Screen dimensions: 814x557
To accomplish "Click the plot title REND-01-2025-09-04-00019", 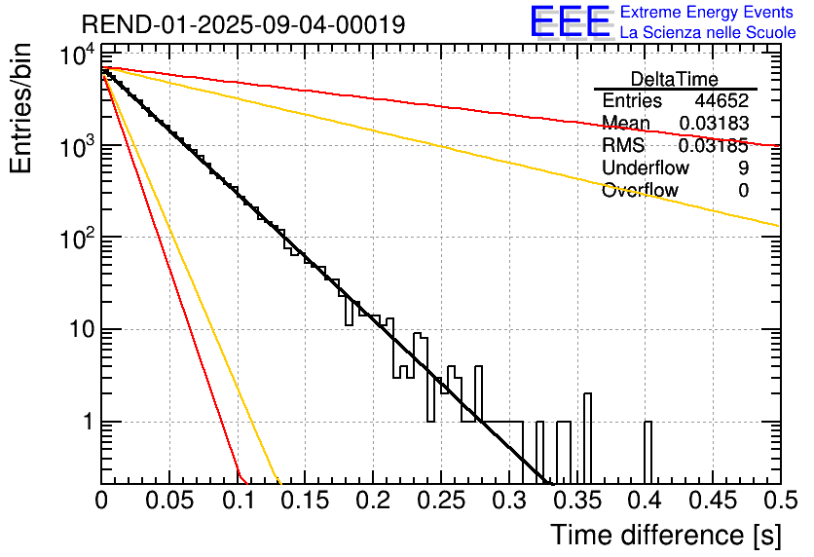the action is (x=243, y=24).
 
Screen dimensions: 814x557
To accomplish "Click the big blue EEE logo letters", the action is (x=570, y=22).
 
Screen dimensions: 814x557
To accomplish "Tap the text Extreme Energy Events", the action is (x=707, y=12).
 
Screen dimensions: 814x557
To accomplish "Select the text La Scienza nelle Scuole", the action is (x=708, y=33).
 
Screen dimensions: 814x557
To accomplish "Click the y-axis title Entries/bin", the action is (x=20, y=108).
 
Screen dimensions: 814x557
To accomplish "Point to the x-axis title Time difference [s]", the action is (x=666, y=536).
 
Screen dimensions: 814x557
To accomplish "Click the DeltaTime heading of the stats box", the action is (x=675, y=79).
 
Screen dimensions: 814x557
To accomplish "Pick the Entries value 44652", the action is (x=721, y=100).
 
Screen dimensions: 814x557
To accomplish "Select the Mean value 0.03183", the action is (x=714, y=123).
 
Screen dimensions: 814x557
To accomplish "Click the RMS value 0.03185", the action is (x=714, y=145).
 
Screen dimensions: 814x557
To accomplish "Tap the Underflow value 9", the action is (x=743, y=167).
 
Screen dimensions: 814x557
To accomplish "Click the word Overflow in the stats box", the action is (x=640, y=191).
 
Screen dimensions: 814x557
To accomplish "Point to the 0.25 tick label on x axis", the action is (x=441, y=501).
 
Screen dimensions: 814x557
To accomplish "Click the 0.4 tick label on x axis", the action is (x=646, y=501).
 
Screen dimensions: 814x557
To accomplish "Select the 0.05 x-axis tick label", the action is (x=169, y=501).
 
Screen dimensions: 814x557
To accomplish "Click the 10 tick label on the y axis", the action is (x=82, y=329).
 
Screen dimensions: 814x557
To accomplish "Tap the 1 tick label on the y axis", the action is (x=89, y=422).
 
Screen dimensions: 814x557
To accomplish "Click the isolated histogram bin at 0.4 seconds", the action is (x=647, y=452).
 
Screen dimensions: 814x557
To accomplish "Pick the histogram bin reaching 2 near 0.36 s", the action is (x=587, y=438).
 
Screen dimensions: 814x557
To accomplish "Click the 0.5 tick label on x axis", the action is (x=780, y=501).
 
